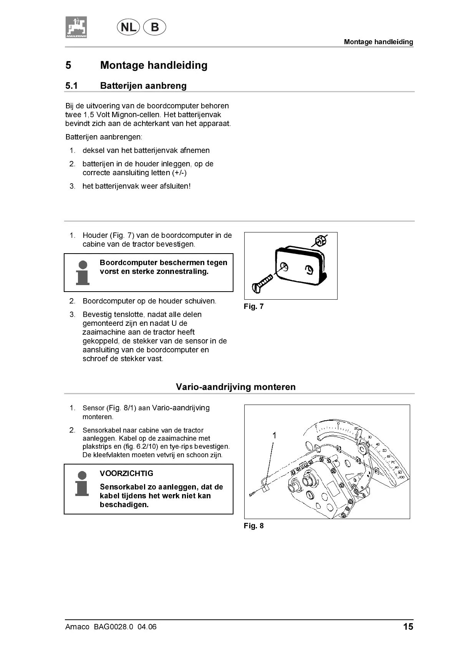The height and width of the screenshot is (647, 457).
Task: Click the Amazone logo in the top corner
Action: tap(76, 27)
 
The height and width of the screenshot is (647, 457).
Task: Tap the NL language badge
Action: tap(128, 27)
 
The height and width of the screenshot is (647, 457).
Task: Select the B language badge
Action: tap(154, 27)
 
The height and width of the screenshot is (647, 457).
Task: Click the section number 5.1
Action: tap(71, 86)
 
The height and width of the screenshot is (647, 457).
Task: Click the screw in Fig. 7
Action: tap(263, 282)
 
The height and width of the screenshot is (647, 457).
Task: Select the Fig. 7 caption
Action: tap(253, 307)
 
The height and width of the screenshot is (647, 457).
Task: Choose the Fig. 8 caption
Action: tap(253, 526)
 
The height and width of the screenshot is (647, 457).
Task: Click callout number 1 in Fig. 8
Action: tap(274, 435)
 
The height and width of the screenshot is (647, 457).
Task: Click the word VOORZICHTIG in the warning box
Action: tap(126, 473)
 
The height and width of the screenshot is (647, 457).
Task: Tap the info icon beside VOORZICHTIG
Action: tap(82, 484)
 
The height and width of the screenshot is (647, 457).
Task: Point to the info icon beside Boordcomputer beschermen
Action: tap(83, 273)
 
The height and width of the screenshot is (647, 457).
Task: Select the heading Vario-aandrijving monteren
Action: tap(236, 387)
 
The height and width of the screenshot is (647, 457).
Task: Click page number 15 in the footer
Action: tap(408, 627)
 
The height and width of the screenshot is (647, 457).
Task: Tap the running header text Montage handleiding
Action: tap(378, 42)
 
